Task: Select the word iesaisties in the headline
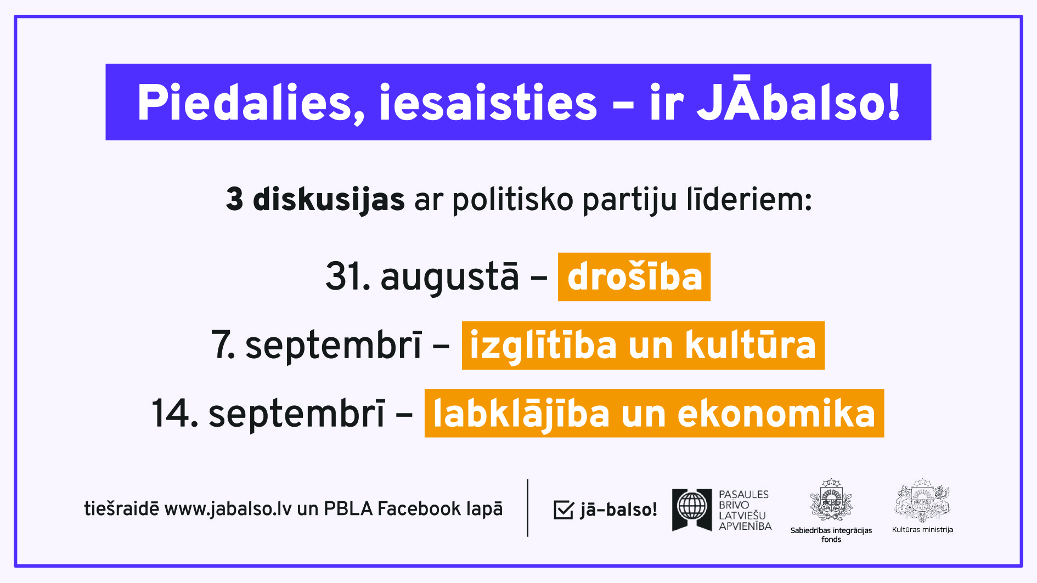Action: (488, 103)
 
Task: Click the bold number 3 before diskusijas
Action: (235, 199)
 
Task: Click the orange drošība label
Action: (634, 277)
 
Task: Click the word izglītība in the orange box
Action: (543, 346)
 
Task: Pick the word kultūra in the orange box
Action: (751, 345)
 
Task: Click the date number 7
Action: (223, 345)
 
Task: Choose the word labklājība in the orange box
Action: (521, 414)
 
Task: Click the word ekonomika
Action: (776, 414)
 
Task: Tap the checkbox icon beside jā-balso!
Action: (563, 510)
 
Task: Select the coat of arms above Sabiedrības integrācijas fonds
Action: (831, 500)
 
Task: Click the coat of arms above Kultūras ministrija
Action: (922, 500)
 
